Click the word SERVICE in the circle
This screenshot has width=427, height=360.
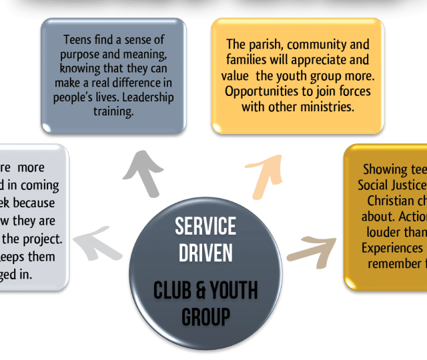(205, 227)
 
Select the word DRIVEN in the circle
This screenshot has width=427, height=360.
(205, 253)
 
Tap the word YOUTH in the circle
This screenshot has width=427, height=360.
(233, 291)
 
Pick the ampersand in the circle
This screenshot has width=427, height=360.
(197, 291)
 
